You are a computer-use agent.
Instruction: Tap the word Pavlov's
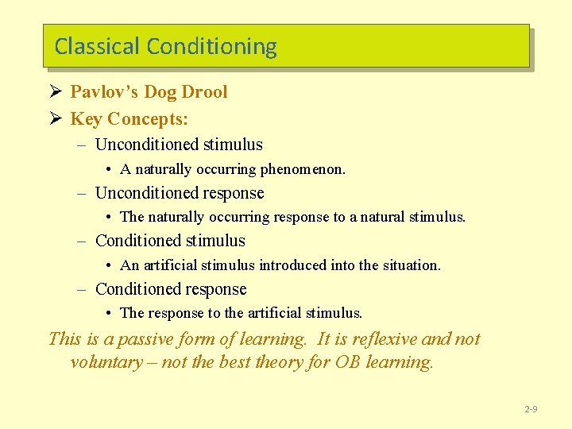100,92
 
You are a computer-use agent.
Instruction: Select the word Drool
204,92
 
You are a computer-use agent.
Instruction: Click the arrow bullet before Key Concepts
55,119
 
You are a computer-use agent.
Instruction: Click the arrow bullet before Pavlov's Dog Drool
55,92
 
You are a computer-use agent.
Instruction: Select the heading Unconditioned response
180,193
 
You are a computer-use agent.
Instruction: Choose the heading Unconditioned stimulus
179,145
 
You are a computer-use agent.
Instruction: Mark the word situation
411,265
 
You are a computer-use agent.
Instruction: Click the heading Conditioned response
171,289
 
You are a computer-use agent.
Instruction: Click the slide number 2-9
531,409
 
